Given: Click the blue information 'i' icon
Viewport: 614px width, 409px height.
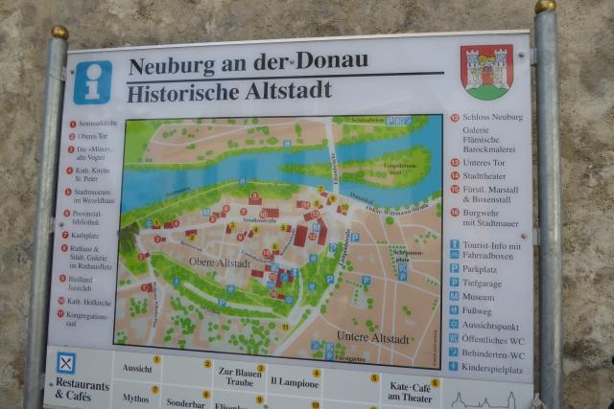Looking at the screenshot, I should (92, 82).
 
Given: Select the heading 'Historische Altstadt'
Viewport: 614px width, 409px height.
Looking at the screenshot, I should (229, 91).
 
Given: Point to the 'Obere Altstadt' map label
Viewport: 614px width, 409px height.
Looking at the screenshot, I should (219, 262).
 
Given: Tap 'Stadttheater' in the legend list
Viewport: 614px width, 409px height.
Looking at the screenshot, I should (490, 175).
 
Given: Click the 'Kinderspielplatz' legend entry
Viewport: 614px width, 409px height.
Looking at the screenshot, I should (492, 368).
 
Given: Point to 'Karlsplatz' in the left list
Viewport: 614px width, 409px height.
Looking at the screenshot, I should (87, 235).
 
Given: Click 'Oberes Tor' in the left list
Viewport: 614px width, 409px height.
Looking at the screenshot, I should (92, 137).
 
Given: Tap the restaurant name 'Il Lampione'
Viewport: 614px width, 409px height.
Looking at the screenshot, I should (294, 381).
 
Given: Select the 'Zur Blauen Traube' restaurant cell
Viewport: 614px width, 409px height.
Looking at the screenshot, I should (239, 376).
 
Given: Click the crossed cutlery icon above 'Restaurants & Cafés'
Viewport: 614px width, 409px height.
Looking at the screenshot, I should (65, 363).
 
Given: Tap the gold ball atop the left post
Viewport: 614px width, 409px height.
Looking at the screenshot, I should (59, 33).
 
